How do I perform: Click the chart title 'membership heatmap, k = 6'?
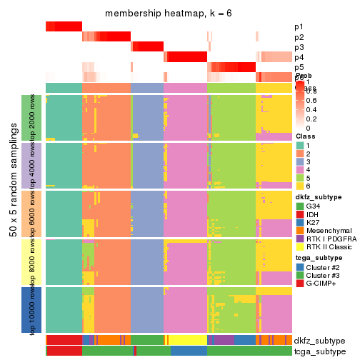click(x=169, y=14)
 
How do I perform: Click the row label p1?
click(x=298, y=26)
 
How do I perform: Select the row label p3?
click(x=298, y=47)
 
